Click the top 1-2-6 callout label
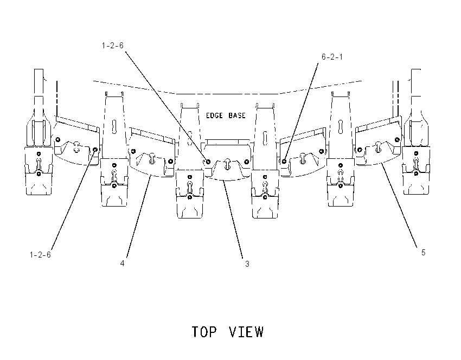click(113, 46)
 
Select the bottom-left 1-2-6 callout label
click(40, 254)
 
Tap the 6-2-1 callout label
click(332, 57)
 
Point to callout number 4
click(123, 263)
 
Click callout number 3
click(247, 264)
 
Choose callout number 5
click(424, 253)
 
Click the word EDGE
click(214, 115)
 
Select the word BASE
click(237, 115)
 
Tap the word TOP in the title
click(204, 332)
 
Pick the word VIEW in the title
click(246, 332)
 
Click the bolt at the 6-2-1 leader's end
click(284, 161)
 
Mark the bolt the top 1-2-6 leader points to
click(208, 162)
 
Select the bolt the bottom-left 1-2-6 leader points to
click(95, 150)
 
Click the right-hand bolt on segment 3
click(247, 162)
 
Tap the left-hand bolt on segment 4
click(133, 151)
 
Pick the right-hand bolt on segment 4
click(170, 161)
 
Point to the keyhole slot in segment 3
click(228, 164)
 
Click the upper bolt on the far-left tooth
click(39, 153)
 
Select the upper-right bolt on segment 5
click(397, 139)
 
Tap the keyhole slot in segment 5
click(379, 146)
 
